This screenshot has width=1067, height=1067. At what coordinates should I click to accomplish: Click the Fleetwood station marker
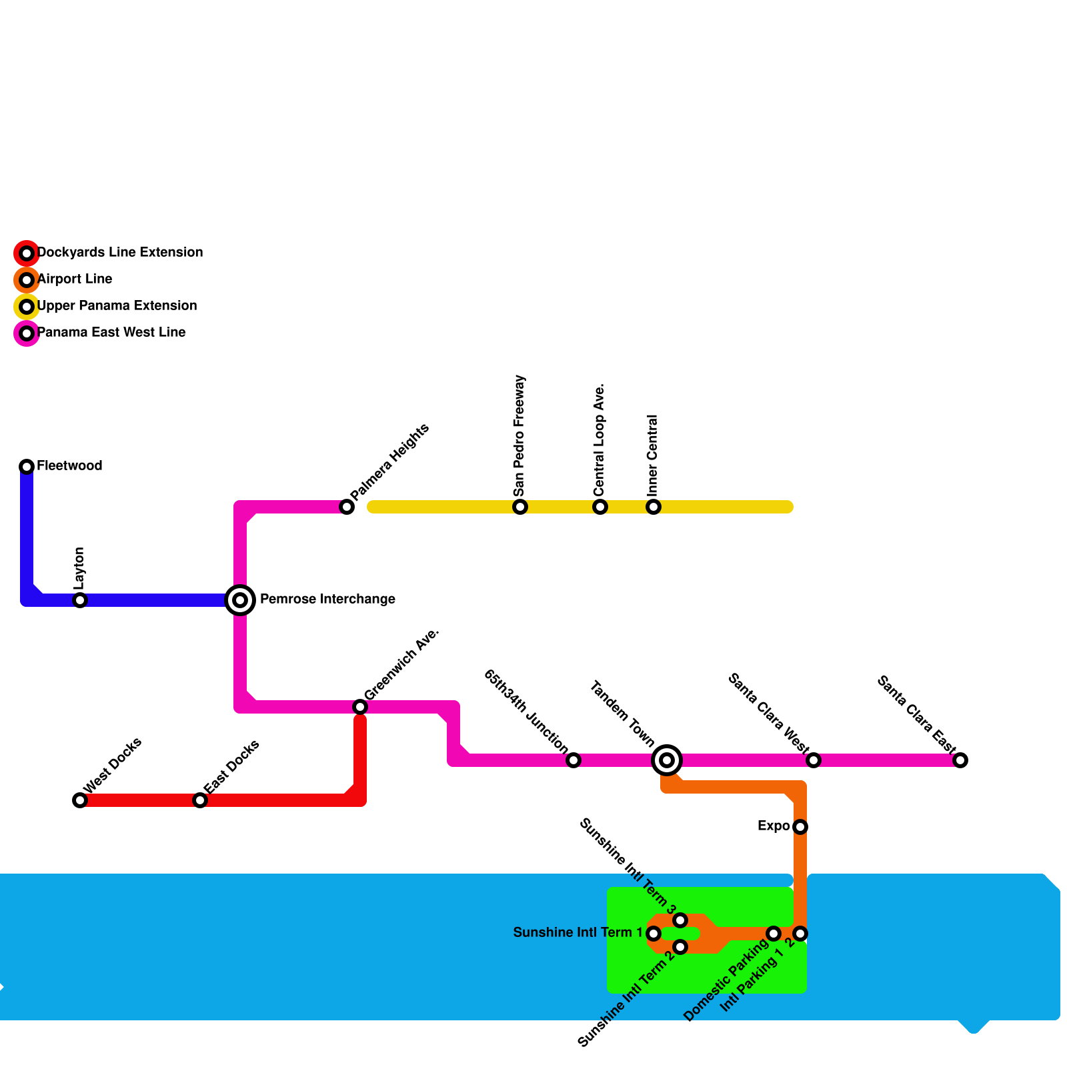(27, 466)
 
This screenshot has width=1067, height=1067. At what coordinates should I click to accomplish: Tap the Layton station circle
(80, 600)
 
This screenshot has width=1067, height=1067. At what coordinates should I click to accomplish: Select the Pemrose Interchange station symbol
(240, 600)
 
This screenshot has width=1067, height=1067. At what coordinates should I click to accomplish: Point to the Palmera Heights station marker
(347, 507)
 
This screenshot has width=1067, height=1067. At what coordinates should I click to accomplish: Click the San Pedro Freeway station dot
(520, 507)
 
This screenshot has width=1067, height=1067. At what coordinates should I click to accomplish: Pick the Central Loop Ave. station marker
(600, 507)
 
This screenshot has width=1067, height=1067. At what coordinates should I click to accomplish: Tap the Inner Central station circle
(654, 507)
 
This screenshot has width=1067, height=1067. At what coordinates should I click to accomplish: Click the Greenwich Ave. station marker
(360, 707)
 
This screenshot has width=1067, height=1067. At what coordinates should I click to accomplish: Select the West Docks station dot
(80, 800)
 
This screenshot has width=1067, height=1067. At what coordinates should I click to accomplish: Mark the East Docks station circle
(200, 800)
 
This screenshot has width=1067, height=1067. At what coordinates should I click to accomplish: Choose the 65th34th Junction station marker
(574, 760)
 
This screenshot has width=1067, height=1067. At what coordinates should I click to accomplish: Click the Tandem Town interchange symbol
(667, 760)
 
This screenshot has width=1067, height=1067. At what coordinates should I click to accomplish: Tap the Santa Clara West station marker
(814, 760)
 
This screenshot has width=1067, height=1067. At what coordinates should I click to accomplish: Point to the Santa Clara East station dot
(960, 760)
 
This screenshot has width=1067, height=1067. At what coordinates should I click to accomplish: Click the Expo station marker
(800, 827)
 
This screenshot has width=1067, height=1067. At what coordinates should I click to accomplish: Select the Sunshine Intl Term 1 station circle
(654, 934)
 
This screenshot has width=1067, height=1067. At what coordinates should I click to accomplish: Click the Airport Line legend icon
(27, 280)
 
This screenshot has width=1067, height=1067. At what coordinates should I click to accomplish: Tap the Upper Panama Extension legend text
(117, 306)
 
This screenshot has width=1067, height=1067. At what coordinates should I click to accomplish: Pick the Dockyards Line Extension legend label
(120, 253)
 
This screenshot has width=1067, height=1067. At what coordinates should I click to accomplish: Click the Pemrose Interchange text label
(327, 600)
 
